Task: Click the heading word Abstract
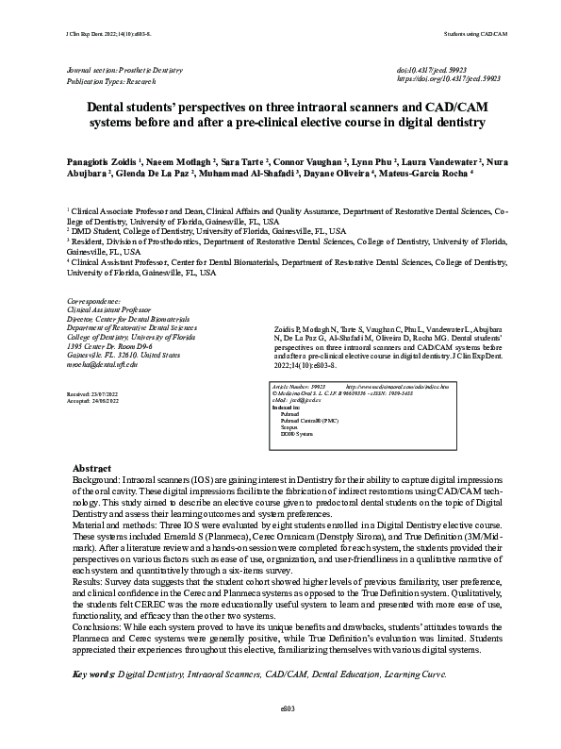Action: tap(91, 469)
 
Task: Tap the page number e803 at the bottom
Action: tap(280, 733)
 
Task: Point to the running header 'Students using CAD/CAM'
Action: tap(475, 34)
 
